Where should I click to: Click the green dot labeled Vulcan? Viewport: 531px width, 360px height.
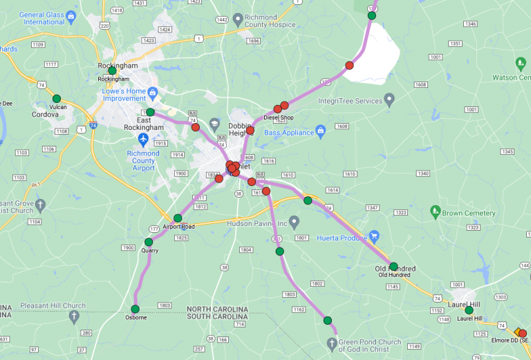57,98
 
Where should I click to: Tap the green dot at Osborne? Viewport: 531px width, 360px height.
135,308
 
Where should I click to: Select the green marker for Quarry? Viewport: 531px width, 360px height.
149,242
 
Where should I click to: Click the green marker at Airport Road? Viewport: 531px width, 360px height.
178,218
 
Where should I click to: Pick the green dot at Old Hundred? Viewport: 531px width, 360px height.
393,266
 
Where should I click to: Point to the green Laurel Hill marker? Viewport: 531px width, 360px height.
469,310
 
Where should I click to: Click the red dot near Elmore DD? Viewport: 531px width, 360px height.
522,334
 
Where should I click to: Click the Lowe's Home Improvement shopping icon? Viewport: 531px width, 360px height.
153,92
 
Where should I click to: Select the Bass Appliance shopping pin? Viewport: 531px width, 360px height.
320,131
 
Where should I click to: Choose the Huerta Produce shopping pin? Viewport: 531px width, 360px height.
374,236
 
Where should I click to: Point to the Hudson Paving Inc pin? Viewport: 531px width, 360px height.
294,222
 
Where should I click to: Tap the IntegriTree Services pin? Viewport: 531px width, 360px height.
389,100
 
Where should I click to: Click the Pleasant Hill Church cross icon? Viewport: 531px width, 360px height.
74,316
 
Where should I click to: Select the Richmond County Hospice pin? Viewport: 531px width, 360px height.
239,19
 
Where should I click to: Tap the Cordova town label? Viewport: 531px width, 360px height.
45,115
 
